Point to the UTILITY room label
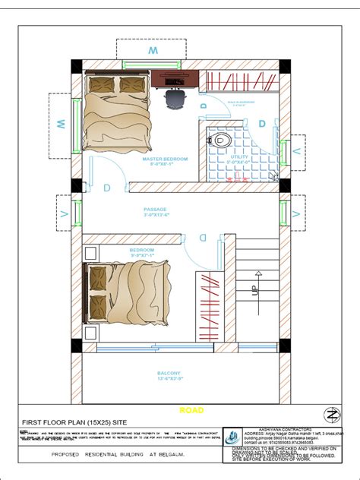238,156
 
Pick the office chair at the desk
175,97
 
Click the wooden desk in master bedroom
175,77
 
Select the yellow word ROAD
191,410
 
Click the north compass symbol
332,415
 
